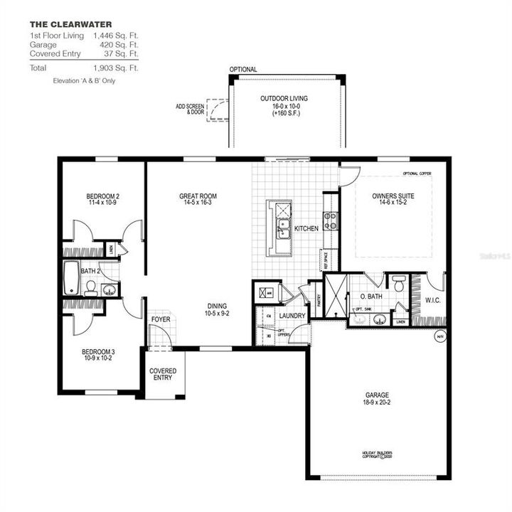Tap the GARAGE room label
378,395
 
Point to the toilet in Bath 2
90,287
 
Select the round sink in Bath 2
109,289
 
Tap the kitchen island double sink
282,228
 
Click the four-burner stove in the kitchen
331,221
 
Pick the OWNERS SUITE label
393,196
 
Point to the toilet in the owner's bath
398,282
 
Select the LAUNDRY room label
292,316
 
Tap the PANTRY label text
318,299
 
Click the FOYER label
161,319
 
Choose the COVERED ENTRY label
163,375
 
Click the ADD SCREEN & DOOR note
189,109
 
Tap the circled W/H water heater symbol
439,336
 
